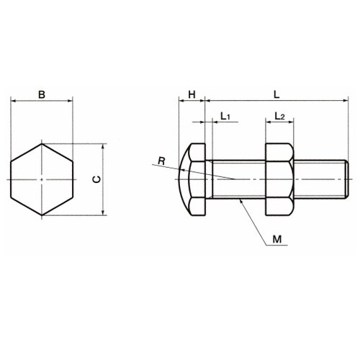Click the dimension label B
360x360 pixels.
point(42,94)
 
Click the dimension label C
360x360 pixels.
point(96,179)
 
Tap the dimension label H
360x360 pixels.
point(192,94)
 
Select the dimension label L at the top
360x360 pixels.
point(276,94)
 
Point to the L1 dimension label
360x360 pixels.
point(225,117)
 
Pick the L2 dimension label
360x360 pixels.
point(279,117)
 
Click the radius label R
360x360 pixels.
point(161,161)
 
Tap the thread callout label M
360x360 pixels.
point(277,239)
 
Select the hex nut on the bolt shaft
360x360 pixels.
point(279,179)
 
